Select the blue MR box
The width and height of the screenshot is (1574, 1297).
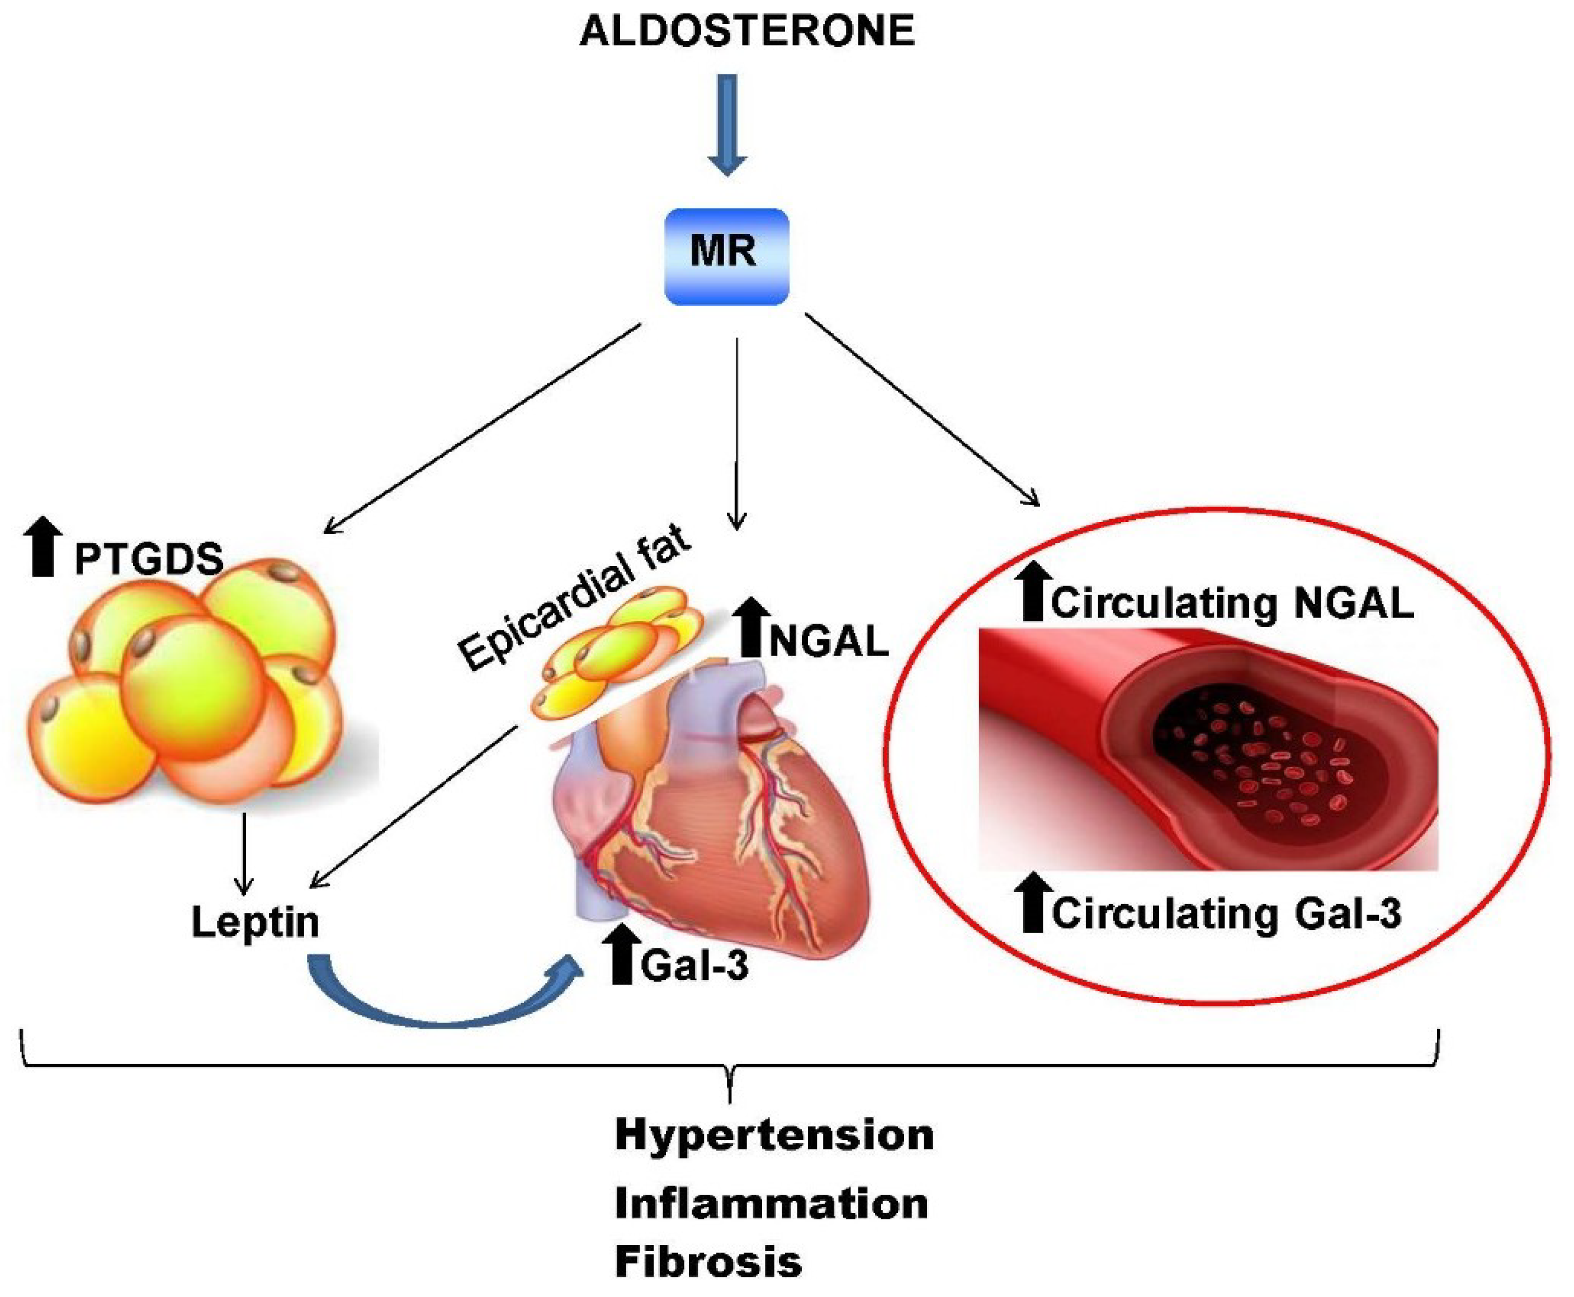[x=726, y=256]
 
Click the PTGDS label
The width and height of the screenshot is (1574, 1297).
[x=149, y=559]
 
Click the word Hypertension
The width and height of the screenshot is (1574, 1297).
[x=774, y=1134]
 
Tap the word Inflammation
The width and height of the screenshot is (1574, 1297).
[x=771, y=1204]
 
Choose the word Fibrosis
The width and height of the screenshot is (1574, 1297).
[x=708, y=1261]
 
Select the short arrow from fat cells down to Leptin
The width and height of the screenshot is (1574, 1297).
[x=242, y=852]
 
